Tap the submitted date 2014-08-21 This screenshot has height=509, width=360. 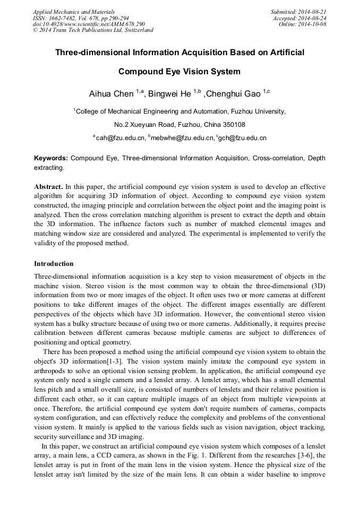click(312, 11)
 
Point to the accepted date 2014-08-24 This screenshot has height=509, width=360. click(312, 18)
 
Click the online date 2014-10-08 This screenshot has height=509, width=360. click(312, 24)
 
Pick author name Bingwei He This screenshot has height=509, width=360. click(169, 94)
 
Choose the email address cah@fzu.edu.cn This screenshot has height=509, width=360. click(121, 138)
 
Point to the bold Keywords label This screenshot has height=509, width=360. click(51, 158)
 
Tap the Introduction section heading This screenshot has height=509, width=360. click(54, 264)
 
